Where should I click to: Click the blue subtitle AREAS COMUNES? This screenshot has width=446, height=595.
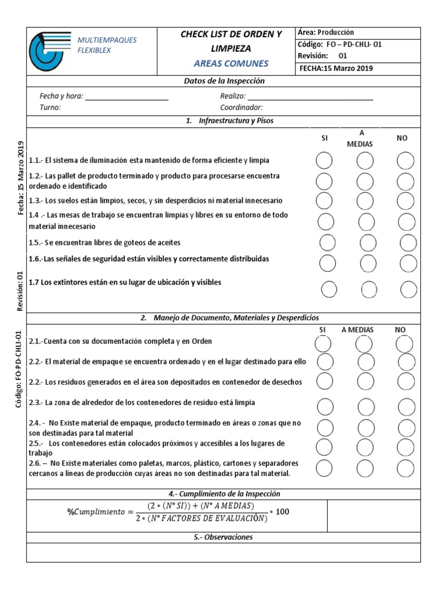[x=231, y=63]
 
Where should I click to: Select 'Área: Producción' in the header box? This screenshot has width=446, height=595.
[x=326, y=33]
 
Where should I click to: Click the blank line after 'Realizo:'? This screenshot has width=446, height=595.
[x=310, y=96]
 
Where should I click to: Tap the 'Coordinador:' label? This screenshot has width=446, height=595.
[x=241, y=107]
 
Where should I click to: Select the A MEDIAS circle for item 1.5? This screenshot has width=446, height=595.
[x=368, y=242]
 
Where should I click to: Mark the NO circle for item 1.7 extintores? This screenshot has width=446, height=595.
[x=409, y=288]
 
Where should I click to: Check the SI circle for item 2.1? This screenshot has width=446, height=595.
[x=322, y=344]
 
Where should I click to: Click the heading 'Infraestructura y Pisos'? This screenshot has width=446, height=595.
[x=235, y=121]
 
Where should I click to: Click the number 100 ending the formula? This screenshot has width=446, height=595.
[x=282, y=512]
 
